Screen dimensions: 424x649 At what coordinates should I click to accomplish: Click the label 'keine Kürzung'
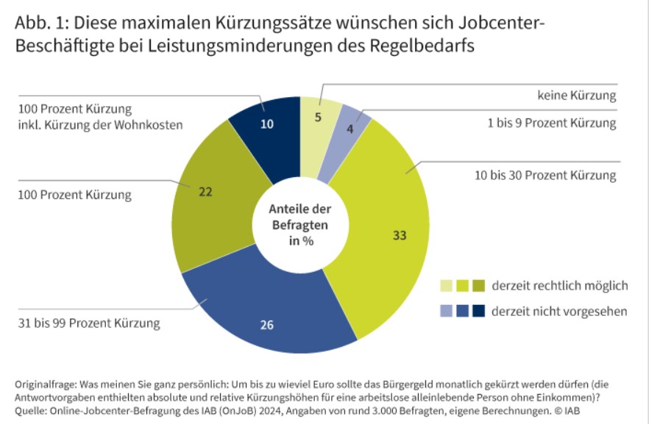click(576, 96)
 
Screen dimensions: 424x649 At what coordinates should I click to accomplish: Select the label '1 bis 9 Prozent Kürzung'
click(552, 123)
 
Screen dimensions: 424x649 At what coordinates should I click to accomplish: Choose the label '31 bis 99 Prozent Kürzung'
click(88, 323)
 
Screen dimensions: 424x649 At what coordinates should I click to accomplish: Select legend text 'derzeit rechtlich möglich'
click(560, 285)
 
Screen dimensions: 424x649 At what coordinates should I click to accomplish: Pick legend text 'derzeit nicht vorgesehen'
click(559, 311)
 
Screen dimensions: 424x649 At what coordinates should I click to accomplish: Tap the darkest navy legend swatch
click(478, 311)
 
